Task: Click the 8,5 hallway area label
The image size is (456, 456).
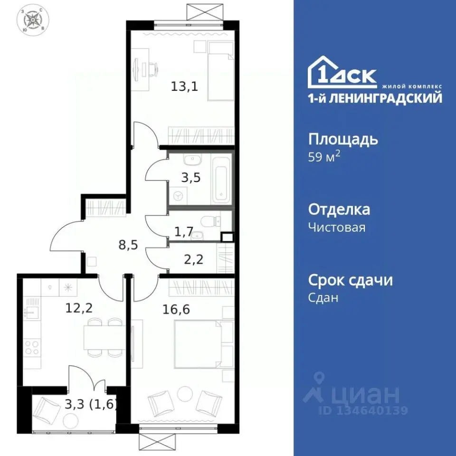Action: point(129,245)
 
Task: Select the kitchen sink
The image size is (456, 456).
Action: point(31,312)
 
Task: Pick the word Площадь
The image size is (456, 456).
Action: point(343,140)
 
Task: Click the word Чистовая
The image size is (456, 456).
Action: point(337,227)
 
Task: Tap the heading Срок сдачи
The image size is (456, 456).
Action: point(351,280)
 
